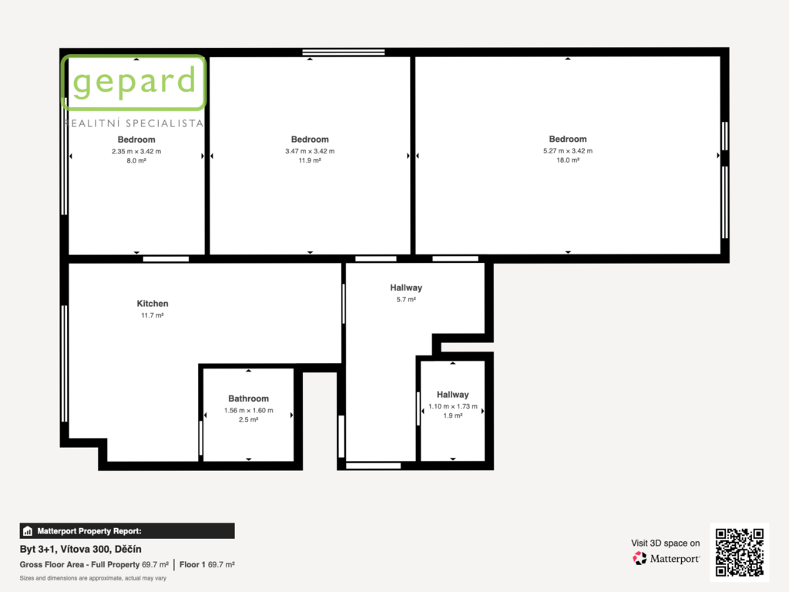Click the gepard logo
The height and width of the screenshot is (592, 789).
133,82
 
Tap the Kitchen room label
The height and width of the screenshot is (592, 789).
153,304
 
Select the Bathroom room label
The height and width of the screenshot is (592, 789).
249,399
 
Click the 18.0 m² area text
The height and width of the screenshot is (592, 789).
568,160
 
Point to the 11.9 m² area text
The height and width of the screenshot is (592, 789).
310,160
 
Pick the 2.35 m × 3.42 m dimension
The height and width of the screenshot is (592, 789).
136,151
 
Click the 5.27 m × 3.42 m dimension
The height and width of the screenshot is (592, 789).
568,150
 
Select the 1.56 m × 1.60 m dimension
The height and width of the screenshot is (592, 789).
249,410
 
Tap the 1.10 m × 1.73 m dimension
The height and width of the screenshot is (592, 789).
453,406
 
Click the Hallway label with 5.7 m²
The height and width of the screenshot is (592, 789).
406,288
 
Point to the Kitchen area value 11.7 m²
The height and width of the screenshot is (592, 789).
153,315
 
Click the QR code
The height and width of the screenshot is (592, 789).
740,552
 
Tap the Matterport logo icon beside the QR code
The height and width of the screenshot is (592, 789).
640,558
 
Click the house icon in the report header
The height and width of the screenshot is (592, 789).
28,531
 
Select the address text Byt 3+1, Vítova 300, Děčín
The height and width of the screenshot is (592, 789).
80,549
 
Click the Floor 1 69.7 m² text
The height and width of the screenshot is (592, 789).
206,565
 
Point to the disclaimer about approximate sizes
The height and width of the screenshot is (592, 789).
93,578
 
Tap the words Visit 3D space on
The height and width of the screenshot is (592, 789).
665,543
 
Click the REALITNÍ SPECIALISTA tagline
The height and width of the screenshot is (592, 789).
134,123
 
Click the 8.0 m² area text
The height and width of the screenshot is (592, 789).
136,161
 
